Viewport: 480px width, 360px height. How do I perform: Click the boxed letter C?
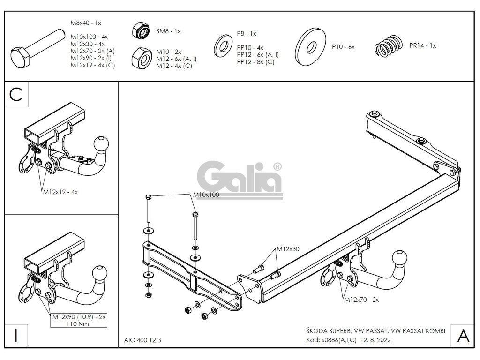coord(15,94)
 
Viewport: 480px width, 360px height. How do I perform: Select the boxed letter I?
coord(15,335)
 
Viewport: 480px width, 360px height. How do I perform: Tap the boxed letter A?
coord(463,335)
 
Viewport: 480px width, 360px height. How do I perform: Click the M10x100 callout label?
coord(206,195)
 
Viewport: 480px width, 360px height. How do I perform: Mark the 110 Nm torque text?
coord(79,324)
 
